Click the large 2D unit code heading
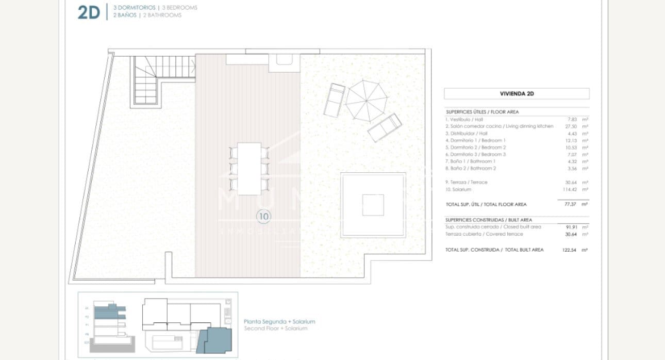(x=88, y=12)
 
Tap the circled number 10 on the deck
(x=263, y=217)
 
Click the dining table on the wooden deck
(x=250, y=168)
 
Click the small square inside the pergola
(x=373, y=205)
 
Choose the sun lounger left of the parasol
(x=334, y=100)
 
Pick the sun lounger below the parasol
(x=385, y=127)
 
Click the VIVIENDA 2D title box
(x=517, y=94)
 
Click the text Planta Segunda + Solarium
(x=279, y=321)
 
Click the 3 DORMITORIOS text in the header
(x=135, y=8)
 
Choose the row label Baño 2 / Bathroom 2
(x=471, y=168)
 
